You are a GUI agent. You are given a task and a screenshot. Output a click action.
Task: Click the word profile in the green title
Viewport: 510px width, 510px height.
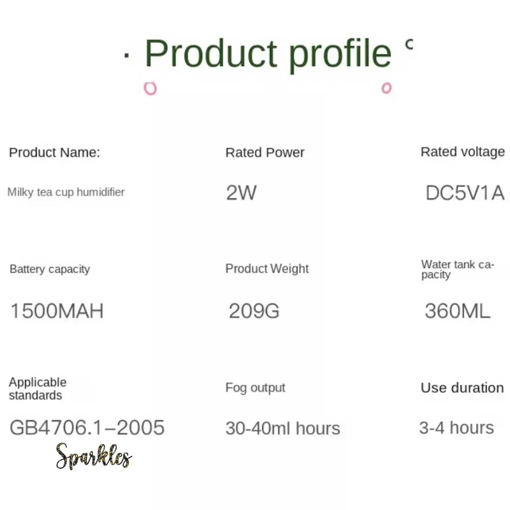pyautogui.click(x=340, y=55)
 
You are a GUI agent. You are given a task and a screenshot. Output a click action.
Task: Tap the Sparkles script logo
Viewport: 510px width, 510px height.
pyautogui.click(x=94, y=456)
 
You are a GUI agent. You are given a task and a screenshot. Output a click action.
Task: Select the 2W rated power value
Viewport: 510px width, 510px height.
pyautogui.click(x=241, y=193)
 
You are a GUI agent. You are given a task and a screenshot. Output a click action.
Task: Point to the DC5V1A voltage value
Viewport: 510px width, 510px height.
pyautogui.click(x=465, y=193)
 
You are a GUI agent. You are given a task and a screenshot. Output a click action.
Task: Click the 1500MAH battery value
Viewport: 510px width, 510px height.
pyautogui.click(x=57, y=311)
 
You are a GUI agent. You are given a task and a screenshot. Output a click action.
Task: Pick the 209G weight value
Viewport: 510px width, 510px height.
pyautogui.click(x=254, y=311)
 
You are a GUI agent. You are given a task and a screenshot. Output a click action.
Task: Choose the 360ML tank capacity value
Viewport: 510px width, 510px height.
pyautogui.click(x=457, y=311)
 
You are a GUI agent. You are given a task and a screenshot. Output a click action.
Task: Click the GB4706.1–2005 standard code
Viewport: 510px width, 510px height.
pyautogui.click(x=87, y=427)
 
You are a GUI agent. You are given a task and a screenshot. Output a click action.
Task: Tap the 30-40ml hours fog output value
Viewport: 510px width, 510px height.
pyautogui.click(x=283, y=428)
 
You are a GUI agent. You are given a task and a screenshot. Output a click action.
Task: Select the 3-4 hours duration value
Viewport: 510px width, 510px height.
pyautogui.click(x=456, y=427)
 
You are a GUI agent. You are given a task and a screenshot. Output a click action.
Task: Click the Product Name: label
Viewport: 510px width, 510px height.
pyautogui.click(x=55, y=152)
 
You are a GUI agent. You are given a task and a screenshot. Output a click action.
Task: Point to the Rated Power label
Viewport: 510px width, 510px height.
pyautogui.click(x=265, y=152)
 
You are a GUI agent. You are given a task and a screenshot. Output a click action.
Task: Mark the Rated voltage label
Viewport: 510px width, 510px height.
pyautogui.click(x=463, y=152)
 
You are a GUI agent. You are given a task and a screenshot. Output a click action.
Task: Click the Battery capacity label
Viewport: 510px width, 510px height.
pyautogui.click(x=50, y=269)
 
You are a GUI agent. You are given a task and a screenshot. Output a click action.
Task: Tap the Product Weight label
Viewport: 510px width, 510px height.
pyautogui.click(x=267, y=269)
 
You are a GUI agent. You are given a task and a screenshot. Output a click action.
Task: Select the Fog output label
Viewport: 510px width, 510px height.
pyautogui.click(x=255, y=388)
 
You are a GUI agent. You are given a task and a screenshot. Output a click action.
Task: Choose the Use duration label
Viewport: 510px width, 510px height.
pyautogui.click(x=462, y=388)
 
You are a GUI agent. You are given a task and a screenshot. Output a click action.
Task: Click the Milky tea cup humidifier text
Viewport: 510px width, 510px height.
pyautogui.click(x=66, y=192)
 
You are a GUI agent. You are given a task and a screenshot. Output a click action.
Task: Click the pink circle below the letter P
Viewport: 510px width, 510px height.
pyautogui.click(x=150, y=88)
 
